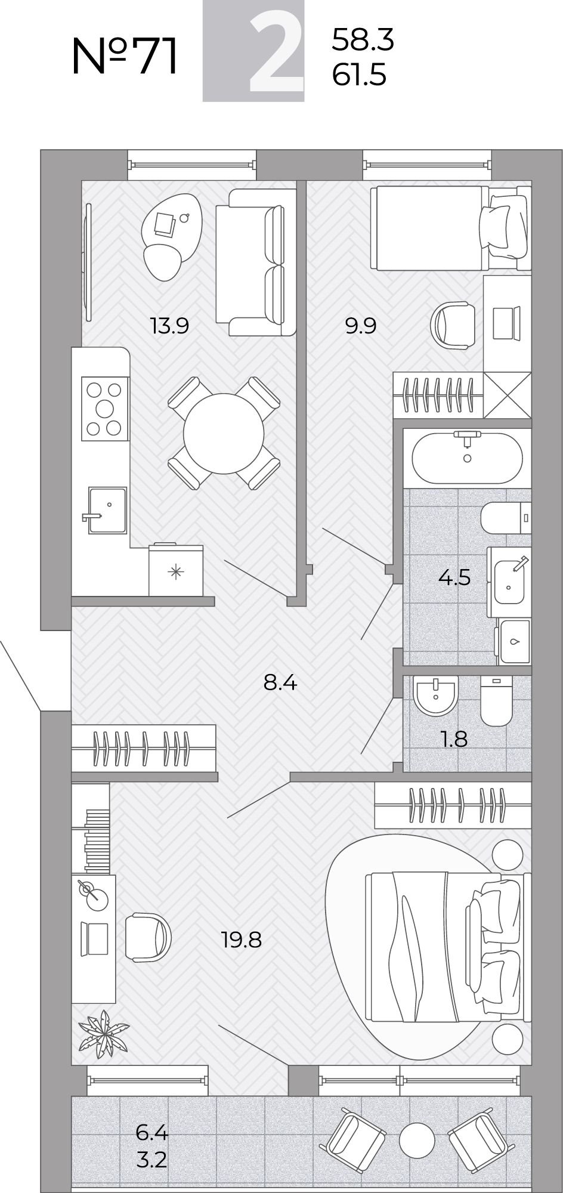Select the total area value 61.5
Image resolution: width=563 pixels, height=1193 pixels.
360,76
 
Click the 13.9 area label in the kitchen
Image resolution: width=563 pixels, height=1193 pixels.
170,326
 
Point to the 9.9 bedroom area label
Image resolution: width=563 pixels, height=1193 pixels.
361,326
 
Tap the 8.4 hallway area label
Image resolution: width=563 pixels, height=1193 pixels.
280,682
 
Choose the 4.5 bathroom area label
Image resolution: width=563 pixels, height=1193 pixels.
454,577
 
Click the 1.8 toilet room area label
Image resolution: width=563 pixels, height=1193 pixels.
454,739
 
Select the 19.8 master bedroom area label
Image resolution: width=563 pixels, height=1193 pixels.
242,940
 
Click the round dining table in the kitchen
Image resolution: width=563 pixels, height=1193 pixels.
224,433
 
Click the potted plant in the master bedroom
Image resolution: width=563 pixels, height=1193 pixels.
104,1031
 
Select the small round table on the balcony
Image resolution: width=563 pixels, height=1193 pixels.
417,1141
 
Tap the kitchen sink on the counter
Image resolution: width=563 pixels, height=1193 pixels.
107,510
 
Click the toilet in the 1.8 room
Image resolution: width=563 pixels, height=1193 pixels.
496,700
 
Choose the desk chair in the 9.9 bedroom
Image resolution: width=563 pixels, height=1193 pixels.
452,324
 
